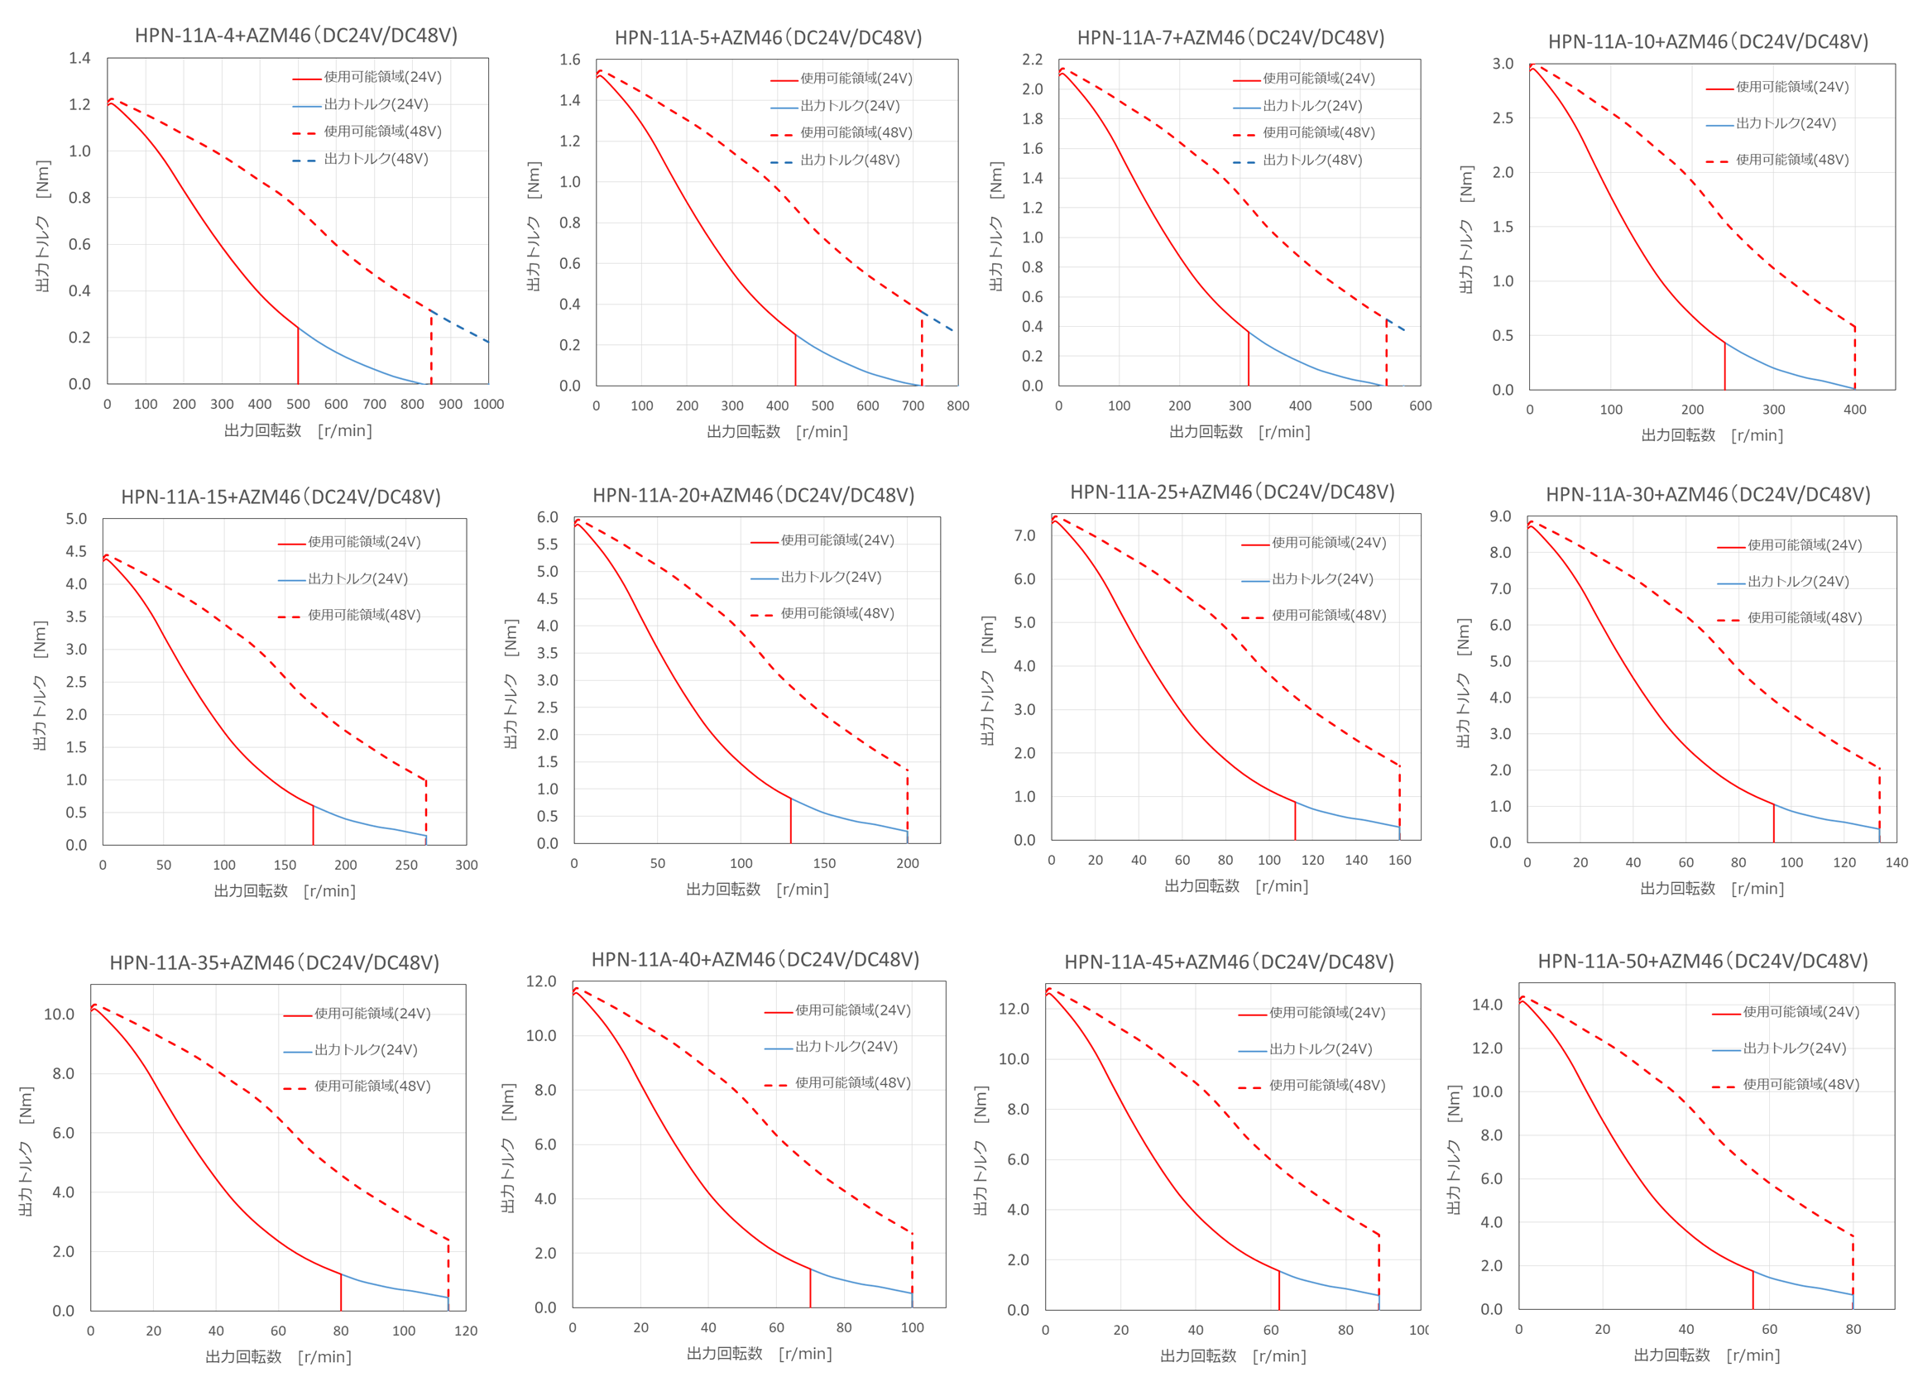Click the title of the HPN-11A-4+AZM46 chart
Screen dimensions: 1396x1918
click(296, 36)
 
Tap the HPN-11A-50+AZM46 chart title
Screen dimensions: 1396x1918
click(1702, 962)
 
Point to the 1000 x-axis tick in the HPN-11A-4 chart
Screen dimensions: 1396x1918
click(488, 404)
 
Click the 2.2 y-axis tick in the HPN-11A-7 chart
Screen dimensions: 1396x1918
click(1032, 60)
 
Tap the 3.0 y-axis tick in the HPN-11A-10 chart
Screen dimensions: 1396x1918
click(1503, 64)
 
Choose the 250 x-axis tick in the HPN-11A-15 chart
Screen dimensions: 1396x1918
click(406, 865)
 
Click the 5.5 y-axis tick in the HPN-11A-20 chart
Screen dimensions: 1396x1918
click(547, 544)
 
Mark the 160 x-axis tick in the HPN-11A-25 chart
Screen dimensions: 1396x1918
click(1399, 860)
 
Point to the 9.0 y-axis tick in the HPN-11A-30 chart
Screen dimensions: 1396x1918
click(1500, 516)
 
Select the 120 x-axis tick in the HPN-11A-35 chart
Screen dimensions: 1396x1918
click(466, 1331)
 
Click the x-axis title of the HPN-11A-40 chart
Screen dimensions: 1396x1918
click(759, 1354)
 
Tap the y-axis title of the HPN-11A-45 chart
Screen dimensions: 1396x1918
click(981, 1151)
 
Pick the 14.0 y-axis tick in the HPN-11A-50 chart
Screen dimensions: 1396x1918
click(1487, 1005)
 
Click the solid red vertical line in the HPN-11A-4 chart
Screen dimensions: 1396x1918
click(298, 355)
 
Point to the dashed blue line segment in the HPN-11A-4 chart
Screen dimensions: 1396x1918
click(461, 327)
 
